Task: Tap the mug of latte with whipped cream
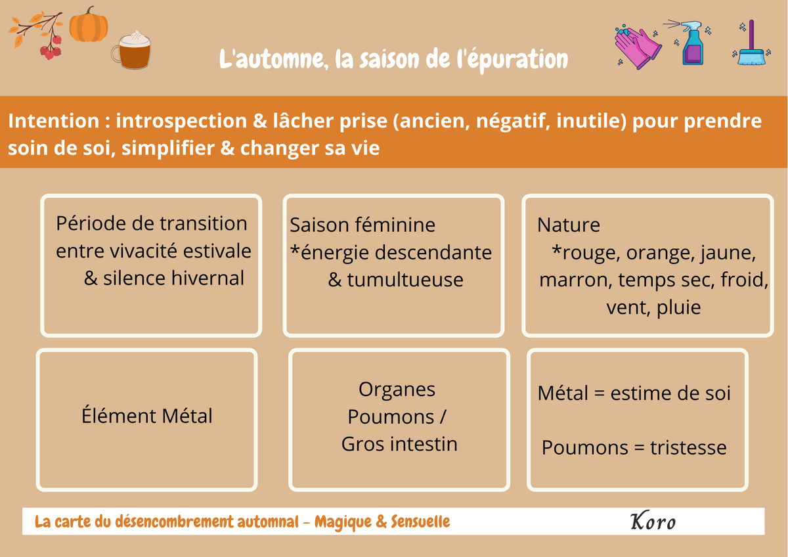pyautogui.click(x=131, y=50)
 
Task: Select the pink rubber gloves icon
pyautogui.click(x=637, y=47)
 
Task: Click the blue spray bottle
pyautogui.click(x=690, y=43)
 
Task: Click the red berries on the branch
pyautogui.click(x=51, y=48)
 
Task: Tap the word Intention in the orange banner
pyautogui.click(x=54, y=121)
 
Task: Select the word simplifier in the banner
pyautogui.click(x=168, y=148)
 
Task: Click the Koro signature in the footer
pyautogui.click(x=653, y=521)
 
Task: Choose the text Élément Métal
pyautogui.click(x=146, y=416)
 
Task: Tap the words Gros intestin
pyautogui.click(x=399, y=444)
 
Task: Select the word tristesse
pyautogui.click(x=688, y=447)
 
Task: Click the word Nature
pyautogui.click(x=569, y=225)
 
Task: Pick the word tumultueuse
pyautogui.click(x=405, y=280)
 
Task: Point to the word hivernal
pyautogui.click(x=208, y=278)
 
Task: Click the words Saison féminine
pyautogui.click(x=362, y=225)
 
